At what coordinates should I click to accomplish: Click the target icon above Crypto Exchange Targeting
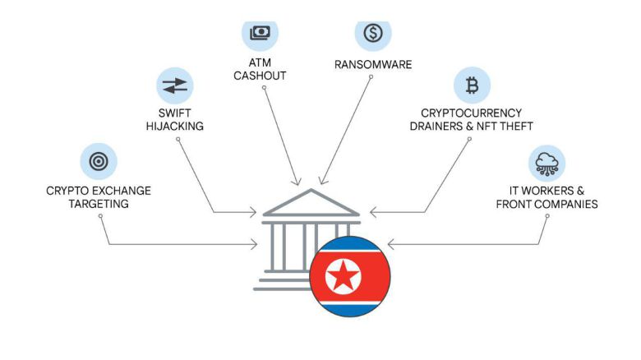(99, 162)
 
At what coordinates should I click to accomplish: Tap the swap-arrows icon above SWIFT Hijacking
(175, 85)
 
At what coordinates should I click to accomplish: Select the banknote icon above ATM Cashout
(260, 32)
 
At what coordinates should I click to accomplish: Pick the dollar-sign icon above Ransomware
(373, 32)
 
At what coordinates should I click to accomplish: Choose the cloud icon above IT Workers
(546, 162)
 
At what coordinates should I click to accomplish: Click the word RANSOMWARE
(373, 64)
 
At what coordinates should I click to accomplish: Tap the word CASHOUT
(260, 76)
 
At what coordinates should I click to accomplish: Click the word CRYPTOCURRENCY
(472, 113)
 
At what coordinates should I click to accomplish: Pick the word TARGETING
(99, 204)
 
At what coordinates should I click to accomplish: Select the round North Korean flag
(349, 276)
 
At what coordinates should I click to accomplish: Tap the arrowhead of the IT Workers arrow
(390, 244)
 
